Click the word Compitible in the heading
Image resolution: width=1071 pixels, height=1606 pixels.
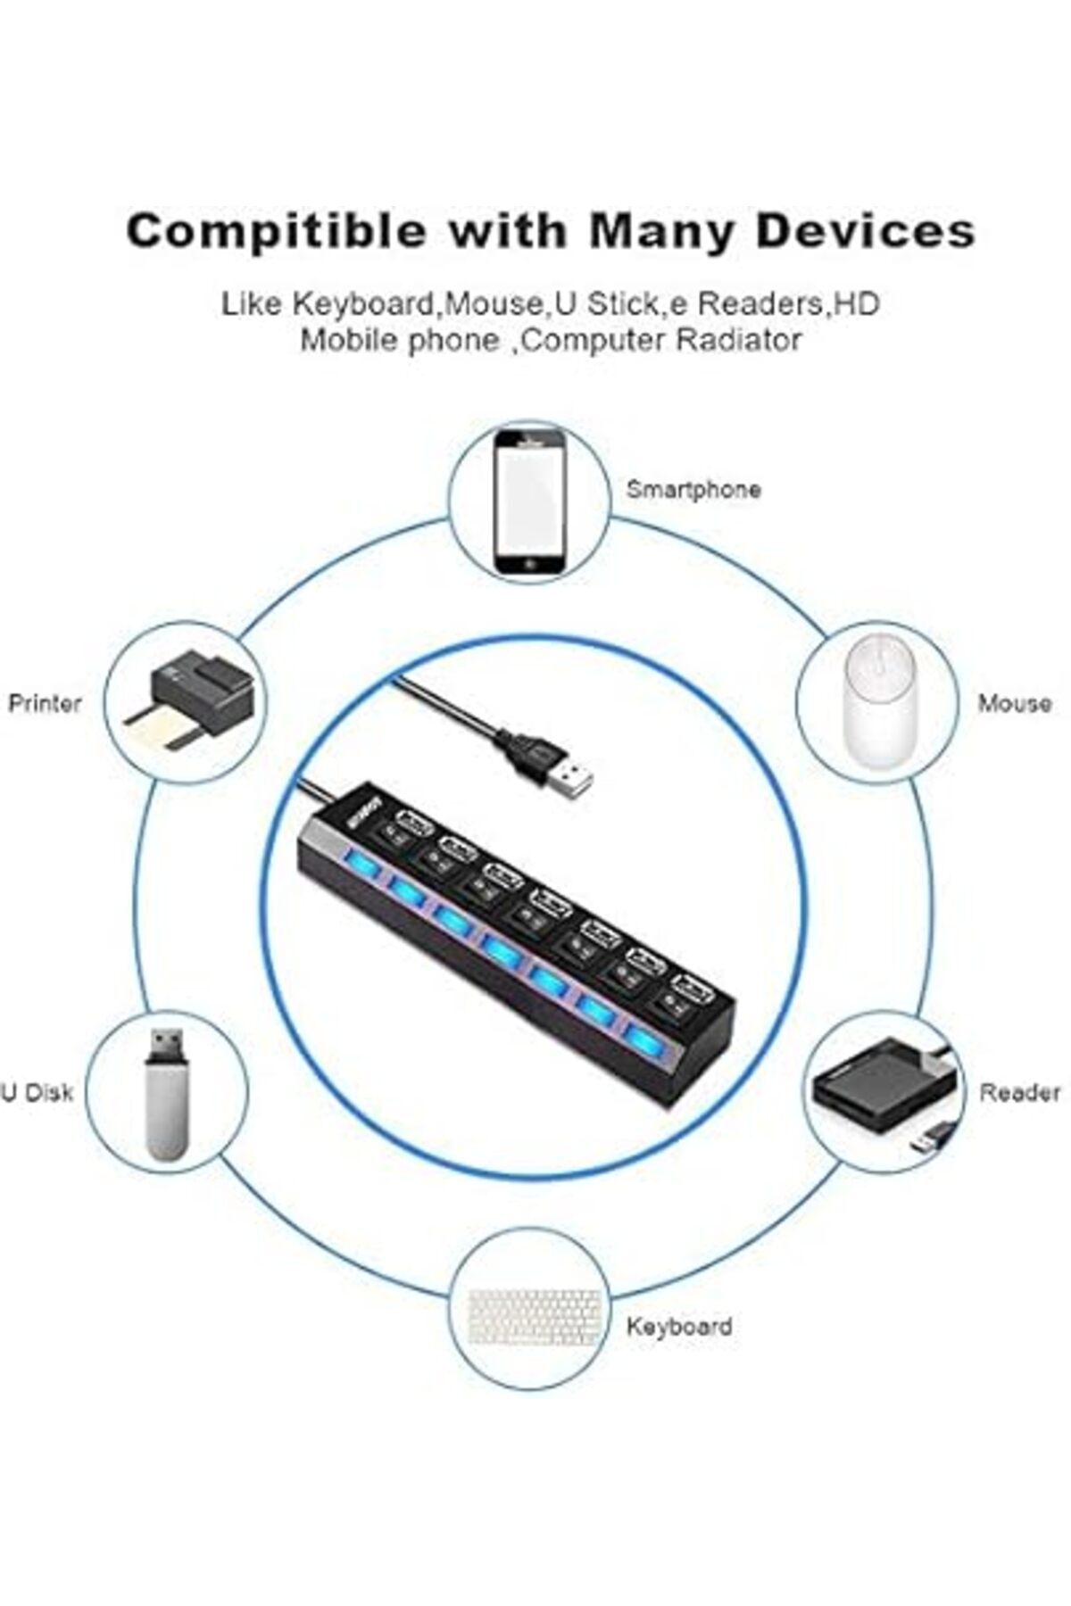[x=277, y=232]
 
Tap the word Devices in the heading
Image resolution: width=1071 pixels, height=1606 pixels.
[x=865, y=231]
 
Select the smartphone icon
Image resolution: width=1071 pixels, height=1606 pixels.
[x=530, y=503]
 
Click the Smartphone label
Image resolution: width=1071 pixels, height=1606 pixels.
[x=693, y=490]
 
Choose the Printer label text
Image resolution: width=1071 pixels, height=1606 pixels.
[x=45, y=703]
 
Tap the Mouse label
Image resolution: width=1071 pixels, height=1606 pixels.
[x=1014, y=703]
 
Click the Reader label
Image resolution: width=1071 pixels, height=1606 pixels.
[x=1020, y=1092]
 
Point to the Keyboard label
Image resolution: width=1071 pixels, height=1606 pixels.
[x=679, y=1326]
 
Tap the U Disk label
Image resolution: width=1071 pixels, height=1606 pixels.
[x=37, y=1092]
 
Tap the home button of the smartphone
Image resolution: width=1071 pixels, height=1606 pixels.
[x=530, y=566]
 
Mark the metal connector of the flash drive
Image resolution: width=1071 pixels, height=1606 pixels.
[x=167, y=1045]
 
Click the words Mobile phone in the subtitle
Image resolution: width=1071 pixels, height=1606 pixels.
[x=400, y=340]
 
